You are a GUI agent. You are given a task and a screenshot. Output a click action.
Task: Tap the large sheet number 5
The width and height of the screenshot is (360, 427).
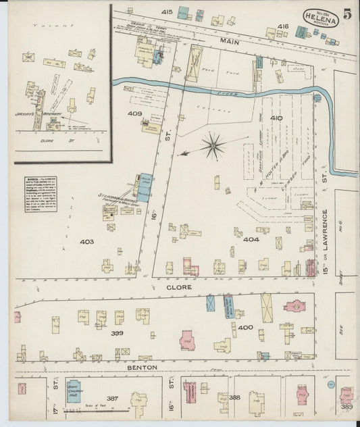pyautogui.click(x=346, y=14)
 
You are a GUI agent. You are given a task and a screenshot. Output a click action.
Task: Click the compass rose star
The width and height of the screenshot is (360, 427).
pyautogui.click(x=215, y=143)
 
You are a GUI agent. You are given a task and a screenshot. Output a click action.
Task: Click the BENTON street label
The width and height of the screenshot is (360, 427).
pyautogui.click(x=143, y=368)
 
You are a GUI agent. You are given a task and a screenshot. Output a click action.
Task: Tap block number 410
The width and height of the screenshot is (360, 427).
pyautogui.click(x=276, y=119)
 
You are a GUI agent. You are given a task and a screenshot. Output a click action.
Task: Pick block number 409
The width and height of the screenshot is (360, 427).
pyautogui.click(x=134, y=114)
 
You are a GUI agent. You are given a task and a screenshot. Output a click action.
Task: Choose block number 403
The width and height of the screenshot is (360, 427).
pyautogui.click(x=86, y=241)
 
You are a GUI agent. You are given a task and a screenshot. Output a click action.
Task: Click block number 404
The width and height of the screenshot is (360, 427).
pyautogui.click(x=251, y=239)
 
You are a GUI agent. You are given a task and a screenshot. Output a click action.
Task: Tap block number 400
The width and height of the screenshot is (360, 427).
pyautogui.click(x=245, y=328)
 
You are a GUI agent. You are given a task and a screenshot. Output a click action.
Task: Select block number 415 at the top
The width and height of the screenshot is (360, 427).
pyautogui.click(x=167, y=12)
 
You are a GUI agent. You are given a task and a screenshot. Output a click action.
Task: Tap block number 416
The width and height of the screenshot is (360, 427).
pyautogui.click(x=282, y=26)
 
